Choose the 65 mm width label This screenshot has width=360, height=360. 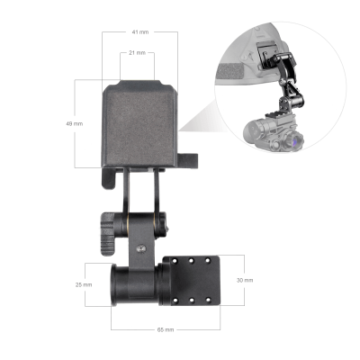[166, 329]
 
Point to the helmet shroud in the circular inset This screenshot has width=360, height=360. [267, 58]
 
